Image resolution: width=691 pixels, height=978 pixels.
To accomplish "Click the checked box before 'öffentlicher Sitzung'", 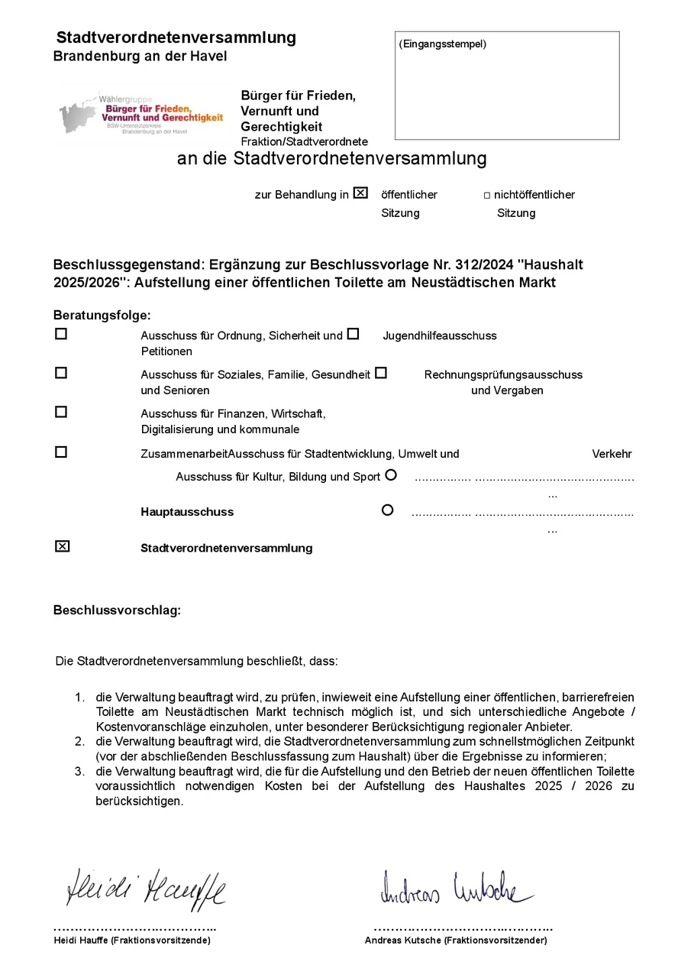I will pyautogui.click(x=360, y=193).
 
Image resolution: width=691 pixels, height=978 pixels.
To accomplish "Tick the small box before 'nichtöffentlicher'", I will pyautogui.click(x=487, y=196).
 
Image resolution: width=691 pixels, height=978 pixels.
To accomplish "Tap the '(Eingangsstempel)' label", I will pyautogui.click(x=442, y=44).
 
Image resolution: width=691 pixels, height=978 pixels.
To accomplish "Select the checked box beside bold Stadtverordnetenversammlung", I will pyautogui.click(x=62, y=546).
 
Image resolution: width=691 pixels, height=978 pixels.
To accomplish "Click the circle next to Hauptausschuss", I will pyautogui.click(x=387, y=510).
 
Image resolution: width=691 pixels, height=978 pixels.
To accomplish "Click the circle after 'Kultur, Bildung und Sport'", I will pyautogui.click(x=391, y=474).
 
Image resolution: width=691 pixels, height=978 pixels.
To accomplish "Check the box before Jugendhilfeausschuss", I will pyautogui.click(x=353, y=334).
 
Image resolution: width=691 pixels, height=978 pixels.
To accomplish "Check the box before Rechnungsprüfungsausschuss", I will pyautogui.click(x=381, y=373).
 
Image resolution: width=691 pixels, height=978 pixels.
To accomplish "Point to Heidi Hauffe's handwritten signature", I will pyautogui.click(x=146, y=889).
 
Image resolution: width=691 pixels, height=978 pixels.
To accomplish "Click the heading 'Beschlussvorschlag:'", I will pyautogui.click(x=117, y=610).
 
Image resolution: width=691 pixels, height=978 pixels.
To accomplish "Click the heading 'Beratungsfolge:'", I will pyautogui.click(x=102, y=315).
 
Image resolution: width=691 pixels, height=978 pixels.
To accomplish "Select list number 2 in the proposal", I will pyautogui.click(x=79, y=742).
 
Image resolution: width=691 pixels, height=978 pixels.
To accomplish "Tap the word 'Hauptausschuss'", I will pyautogui.click(x=187, y=512).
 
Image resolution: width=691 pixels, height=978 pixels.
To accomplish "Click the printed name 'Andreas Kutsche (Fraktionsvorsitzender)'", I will pyautogui.click(x=456, y=941).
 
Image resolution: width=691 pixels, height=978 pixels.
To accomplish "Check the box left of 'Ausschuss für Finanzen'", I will pyautogui.click(x=61, y=412).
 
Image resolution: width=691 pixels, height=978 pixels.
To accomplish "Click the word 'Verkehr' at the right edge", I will pyautogui.click(x=612, y=454).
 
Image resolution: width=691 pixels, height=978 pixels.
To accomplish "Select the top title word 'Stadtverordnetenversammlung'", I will pyautogui.click(x=176, y=37).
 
